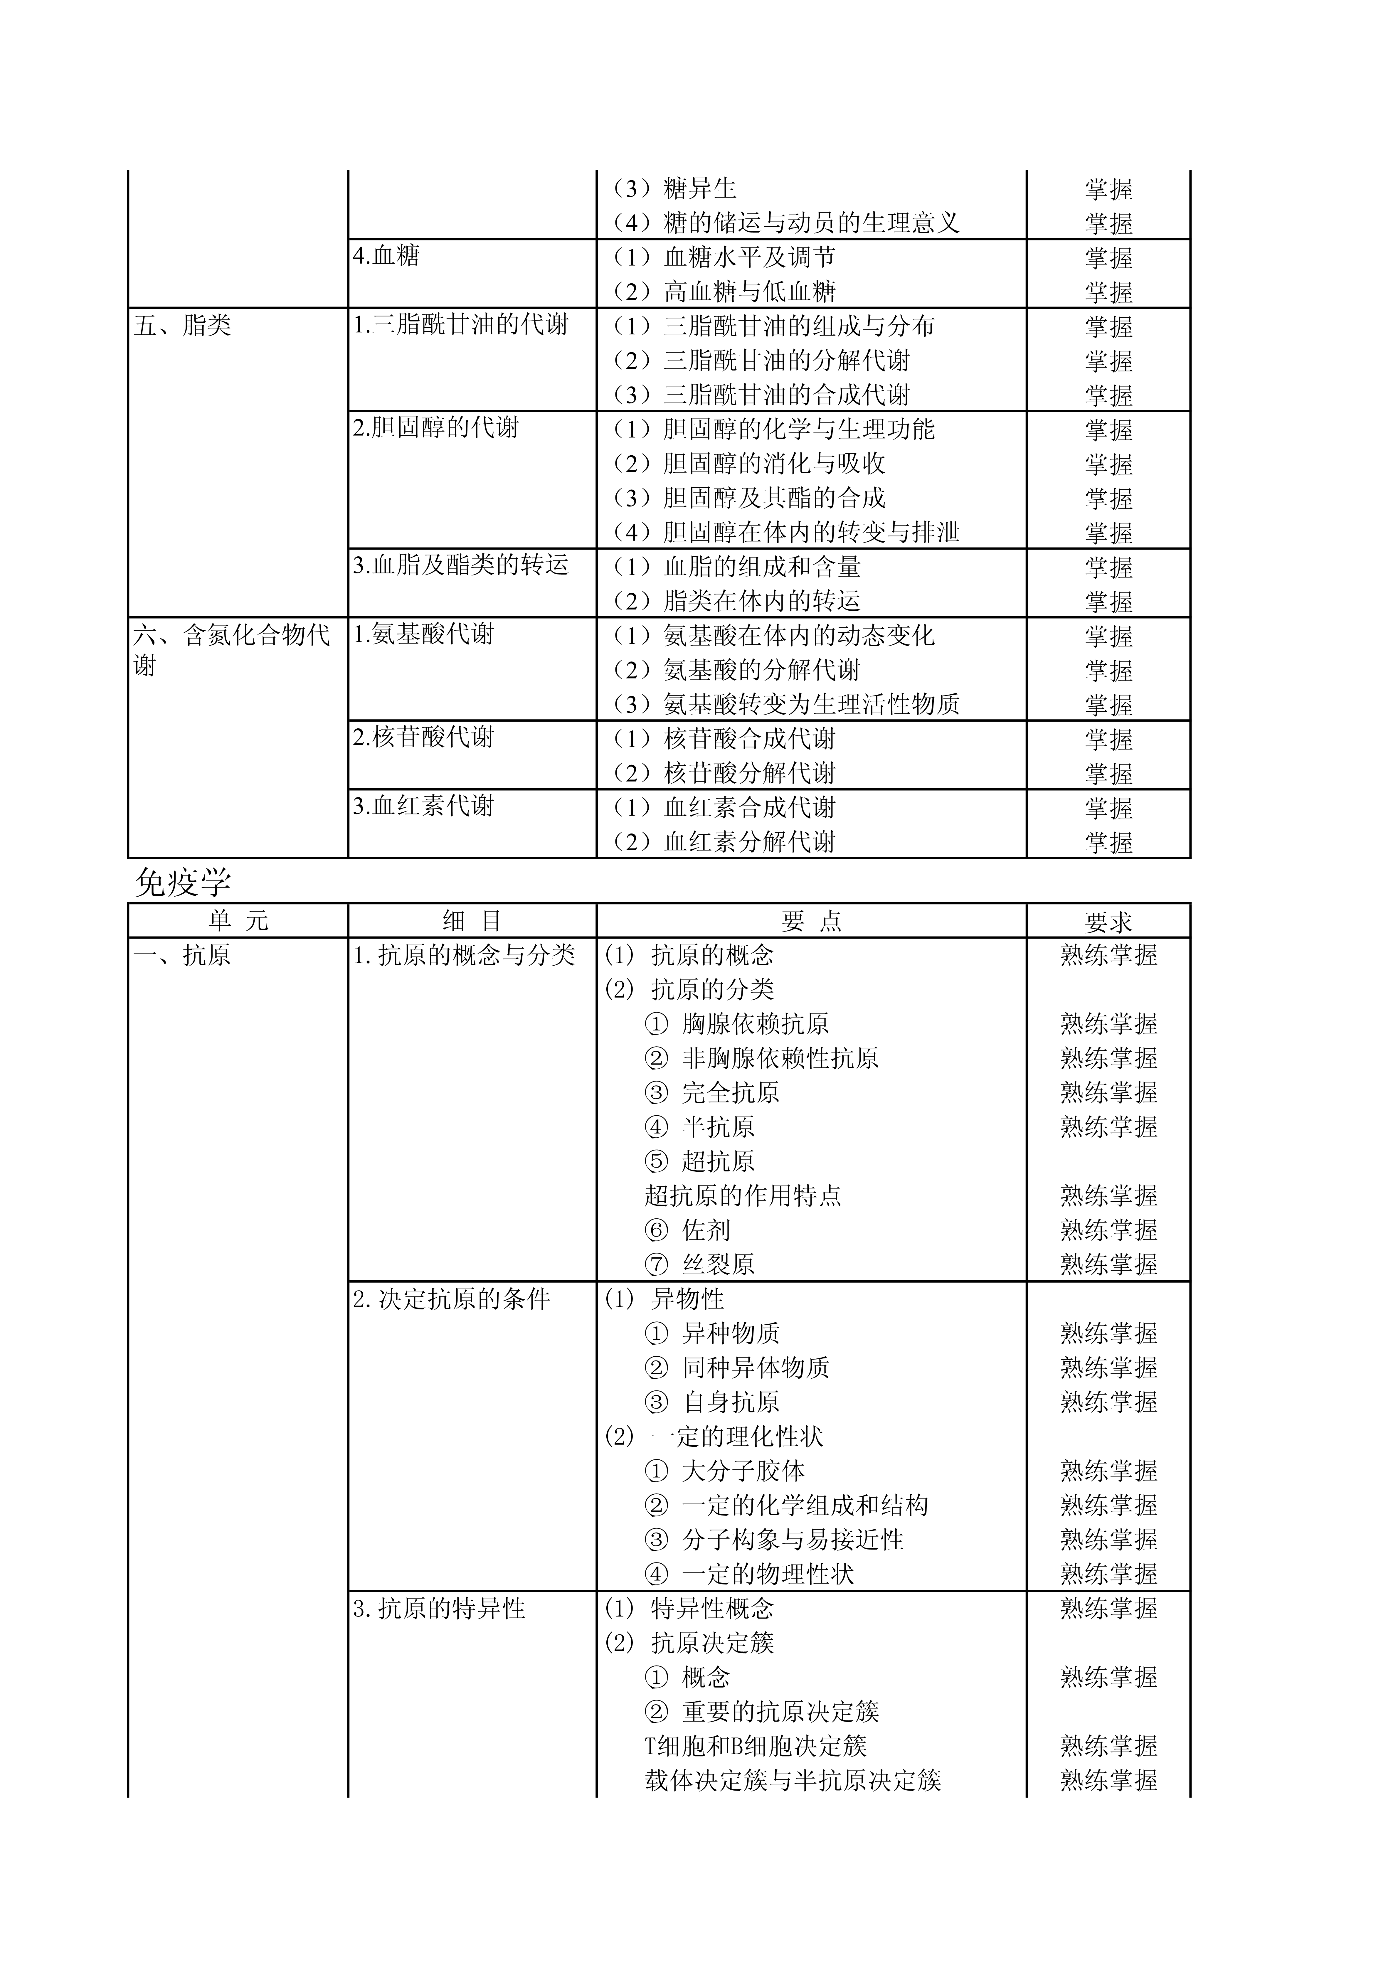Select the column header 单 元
(238, 921)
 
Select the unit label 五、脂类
(183, 326)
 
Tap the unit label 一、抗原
(183, 955)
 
